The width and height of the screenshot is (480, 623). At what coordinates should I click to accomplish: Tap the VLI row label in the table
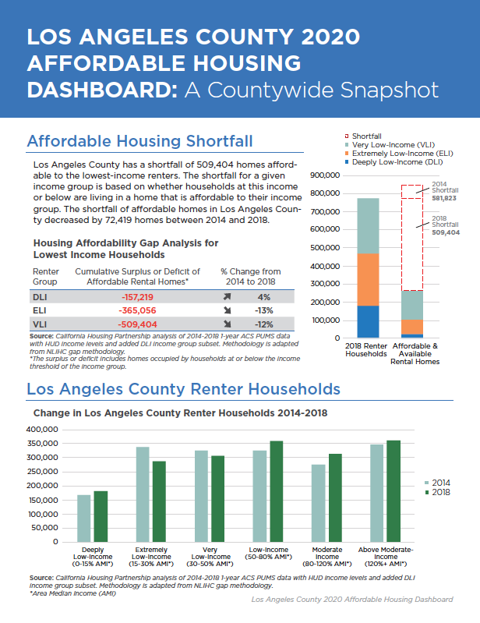point(40,324)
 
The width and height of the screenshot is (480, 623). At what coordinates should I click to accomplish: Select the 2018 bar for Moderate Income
point(336,497)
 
